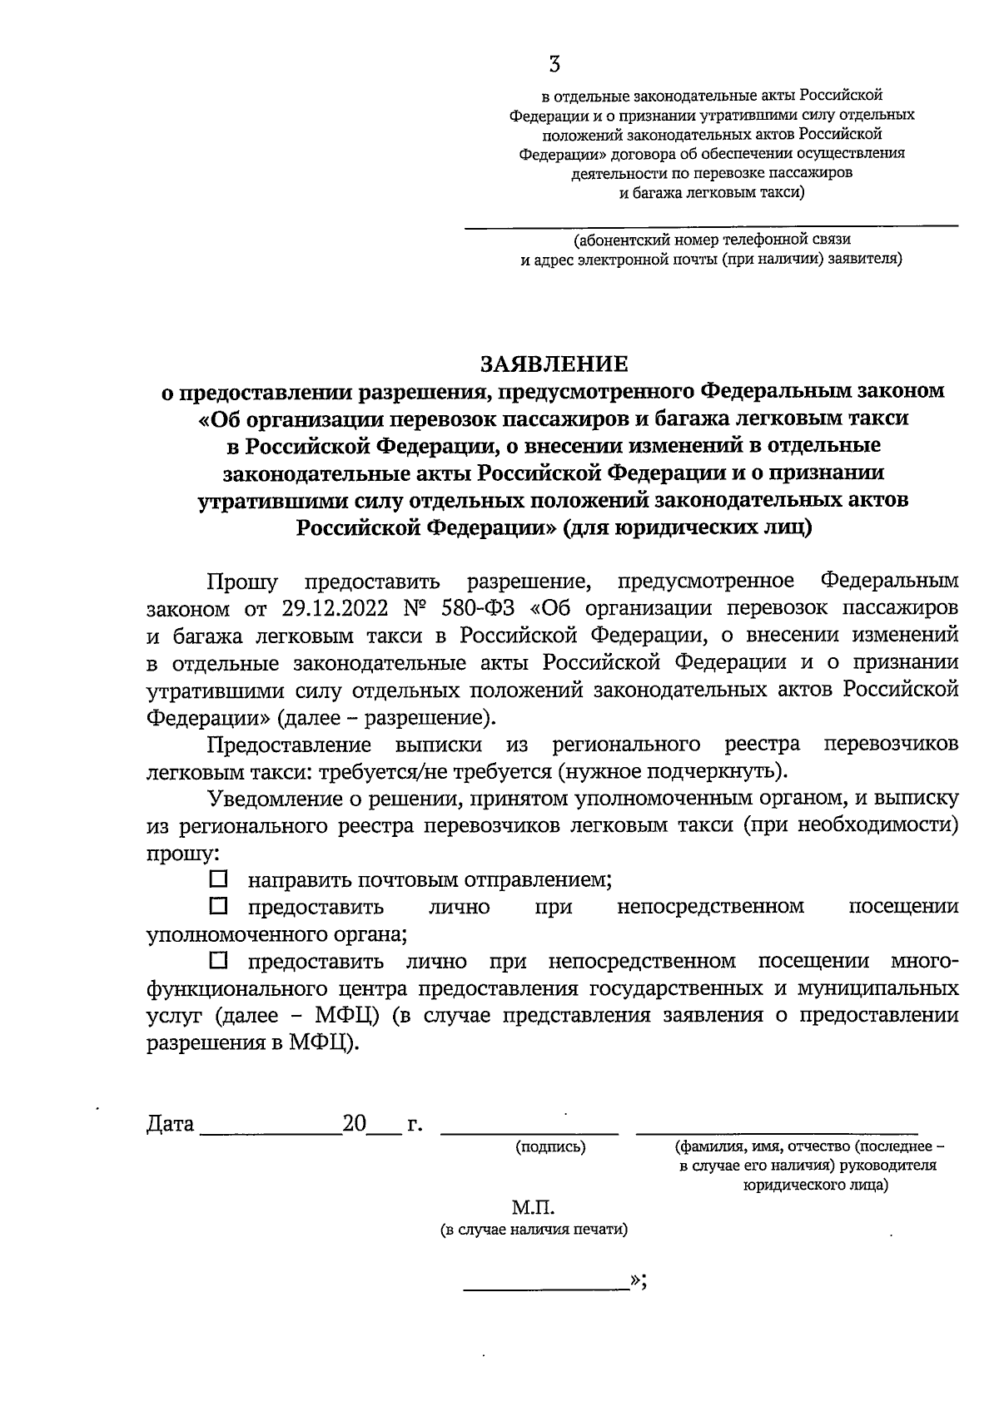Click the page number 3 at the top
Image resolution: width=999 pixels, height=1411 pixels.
tap(554, 65)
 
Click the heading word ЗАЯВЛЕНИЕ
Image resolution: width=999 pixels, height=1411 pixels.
tap(554, 364)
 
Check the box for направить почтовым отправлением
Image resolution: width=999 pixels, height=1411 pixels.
tap(218, 879)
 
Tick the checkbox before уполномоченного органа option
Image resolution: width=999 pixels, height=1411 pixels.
tap(218, 905)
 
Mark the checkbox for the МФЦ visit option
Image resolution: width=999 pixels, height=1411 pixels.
tap(218, 961)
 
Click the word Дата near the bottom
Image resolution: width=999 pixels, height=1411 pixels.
tap(170, 1125)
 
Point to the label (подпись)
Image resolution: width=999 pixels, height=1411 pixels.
tap(550, 1147)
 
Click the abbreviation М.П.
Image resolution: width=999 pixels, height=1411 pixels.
tap(533, 1207)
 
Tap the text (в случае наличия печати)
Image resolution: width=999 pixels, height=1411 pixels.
tap(534, 1230)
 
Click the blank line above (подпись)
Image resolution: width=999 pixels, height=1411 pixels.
tap(529, 1132)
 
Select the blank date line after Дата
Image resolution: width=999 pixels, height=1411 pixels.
tap(271, 1132)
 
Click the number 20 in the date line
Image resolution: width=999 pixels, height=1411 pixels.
tap(354, 1125)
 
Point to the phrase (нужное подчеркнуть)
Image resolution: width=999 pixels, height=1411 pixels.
tap(672, 770)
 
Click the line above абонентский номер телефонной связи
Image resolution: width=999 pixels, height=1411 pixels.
tap(710, 226)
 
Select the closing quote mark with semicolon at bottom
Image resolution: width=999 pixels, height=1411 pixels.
tap(639, 1281)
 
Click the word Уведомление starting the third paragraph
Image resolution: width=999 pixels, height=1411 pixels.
tap(275, 798)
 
